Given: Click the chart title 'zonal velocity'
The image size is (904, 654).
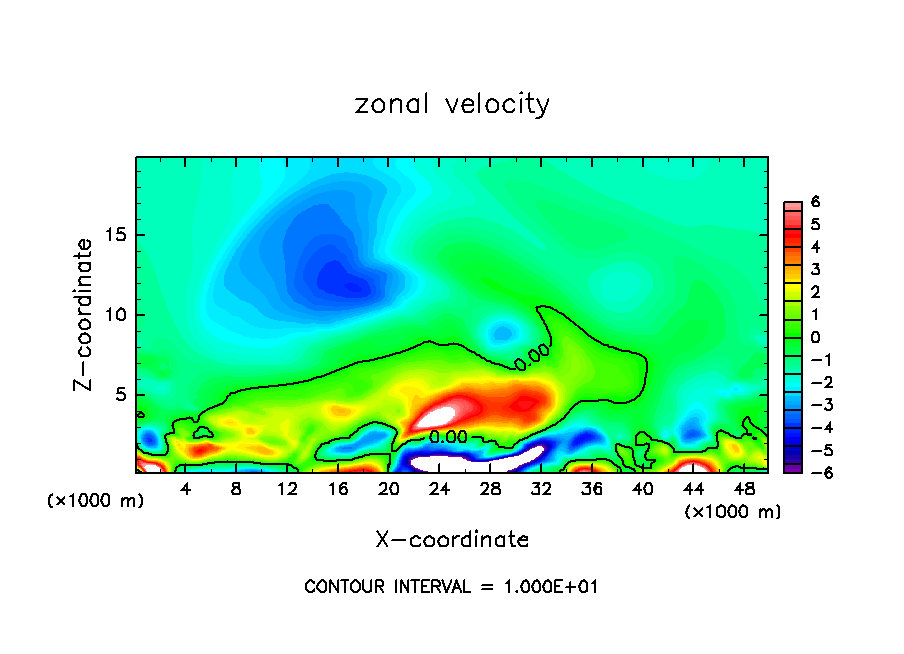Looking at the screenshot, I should pos(452,104).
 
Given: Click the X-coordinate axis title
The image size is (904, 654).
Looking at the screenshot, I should pos(452,540).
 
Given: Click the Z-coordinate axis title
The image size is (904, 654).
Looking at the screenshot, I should pos(84,314).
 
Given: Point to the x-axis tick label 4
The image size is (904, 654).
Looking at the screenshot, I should pos(186,490).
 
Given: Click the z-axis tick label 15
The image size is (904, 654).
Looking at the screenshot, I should pos(117,236).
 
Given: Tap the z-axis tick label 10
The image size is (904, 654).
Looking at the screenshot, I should pos(117,315).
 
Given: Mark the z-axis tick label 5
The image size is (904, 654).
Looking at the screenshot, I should pos(122,395).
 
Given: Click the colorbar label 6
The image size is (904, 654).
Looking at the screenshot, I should pos(815,202).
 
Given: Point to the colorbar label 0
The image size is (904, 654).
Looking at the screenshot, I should pos(815,337).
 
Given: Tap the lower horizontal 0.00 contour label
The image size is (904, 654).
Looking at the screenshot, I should pos(449,437).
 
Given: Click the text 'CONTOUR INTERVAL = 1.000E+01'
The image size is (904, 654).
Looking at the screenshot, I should pos(452,587).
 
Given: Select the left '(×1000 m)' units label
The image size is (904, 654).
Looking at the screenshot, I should pos(96,501).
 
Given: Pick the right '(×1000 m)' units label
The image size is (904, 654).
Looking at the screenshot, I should pos(732,512).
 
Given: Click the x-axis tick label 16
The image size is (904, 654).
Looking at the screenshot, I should pos(339,490).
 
